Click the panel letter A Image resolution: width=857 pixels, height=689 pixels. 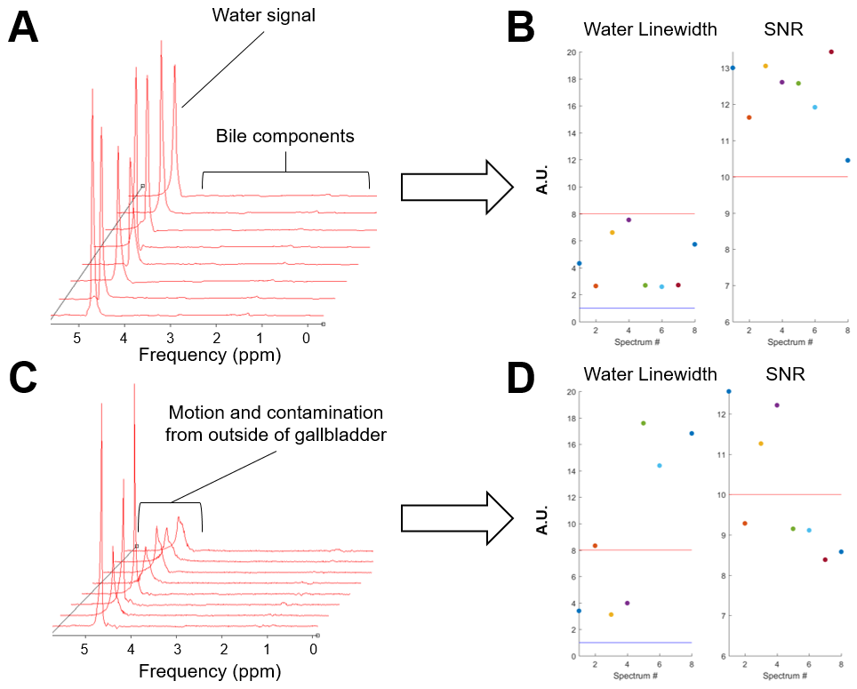[23, 28]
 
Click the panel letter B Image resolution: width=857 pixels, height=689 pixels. [520, 28]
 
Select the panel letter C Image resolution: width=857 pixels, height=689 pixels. [24, 378]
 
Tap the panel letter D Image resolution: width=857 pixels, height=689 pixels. [521, 378]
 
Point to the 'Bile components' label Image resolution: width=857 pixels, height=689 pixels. [284, 136]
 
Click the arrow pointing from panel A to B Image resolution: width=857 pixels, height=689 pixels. [457, 188]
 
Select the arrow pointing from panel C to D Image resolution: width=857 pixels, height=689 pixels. [457, 517]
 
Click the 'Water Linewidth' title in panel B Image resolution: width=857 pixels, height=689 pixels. [650, 29]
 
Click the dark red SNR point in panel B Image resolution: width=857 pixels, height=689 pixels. [831, 52]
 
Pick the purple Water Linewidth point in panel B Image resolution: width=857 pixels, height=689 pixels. [629, 220]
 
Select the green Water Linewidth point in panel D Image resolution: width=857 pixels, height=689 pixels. [643, 423]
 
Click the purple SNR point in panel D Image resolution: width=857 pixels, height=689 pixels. [777, 405]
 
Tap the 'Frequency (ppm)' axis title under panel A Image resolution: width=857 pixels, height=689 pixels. [210, 356]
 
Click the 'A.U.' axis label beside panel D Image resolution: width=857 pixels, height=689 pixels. [541, 517]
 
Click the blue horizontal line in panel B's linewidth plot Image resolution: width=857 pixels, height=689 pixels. [636, 308]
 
